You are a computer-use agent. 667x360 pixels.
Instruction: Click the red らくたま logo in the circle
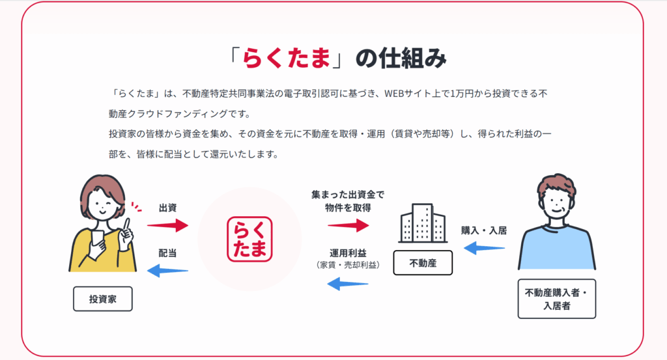point(249,239)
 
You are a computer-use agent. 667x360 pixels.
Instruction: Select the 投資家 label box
point(102,299)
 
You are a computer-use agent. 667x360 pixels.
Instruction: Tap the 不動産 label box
point(421,264)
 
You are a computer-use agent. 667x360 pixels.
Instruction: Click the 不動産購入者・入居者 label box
point(556,299)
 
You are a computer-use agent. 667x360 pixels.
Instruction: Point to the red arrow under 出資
point(167,225)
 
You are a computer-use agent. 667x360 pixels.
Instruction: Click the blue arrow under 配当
point(167,270)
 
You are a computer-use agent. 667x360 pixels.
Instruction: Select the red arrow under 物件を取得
point(348,225)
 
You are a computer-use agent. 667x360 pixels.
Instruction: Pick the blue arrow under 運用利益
point(347,283)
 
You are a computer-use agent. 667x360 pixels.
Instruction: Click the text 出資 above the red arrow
point(167,208)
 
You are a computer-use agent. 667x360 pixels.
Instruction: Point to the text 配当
point(167,253)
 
